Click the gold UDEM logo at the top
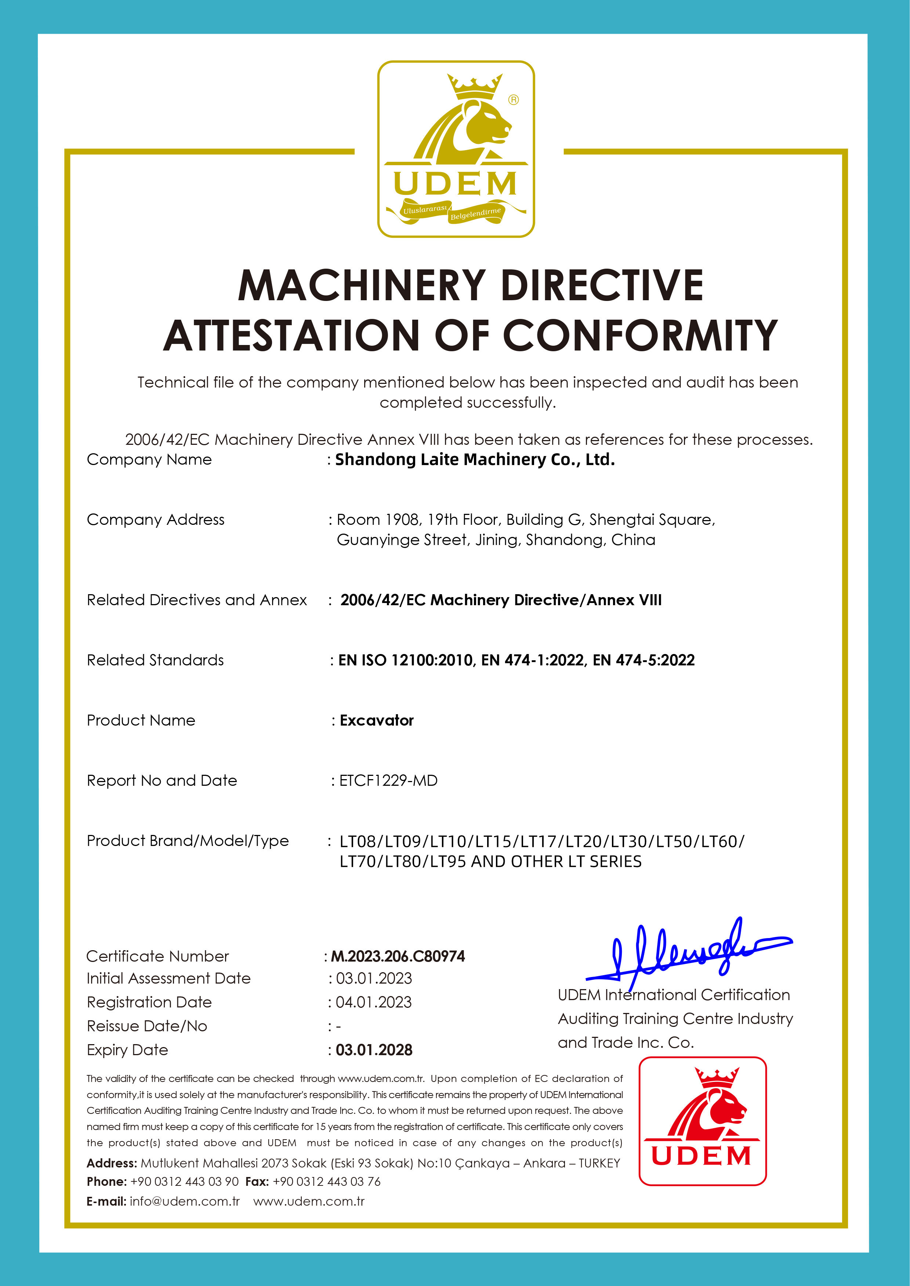click(x=456, y=149)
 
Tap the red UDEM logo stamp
click(x=702, y=1121)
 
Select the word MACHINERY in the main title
click(x=362, y=285)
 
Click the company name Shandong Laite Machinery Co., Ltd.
click(x=475, y=460)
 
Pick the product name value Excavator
click(x=377, y=720)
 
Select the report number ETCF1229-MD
click(x=388, y=781)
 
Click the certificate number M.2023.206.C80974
click(x=398, y=956)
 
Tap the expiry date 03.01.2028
click(x=374, y=1050)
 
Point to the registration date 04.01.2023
click(x=374, y=1002)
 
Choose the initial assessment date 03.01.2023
click(x=374, y=978)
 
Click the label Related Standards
click(x=155, y=660)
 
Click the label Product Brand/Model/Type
click(x=188, y=841)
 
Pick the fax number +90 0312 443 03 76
click(x=327, y=1181)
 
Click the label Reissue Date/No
click(x=147, y=1026)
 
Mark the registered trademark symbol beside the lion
click(x=513, y=100)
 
